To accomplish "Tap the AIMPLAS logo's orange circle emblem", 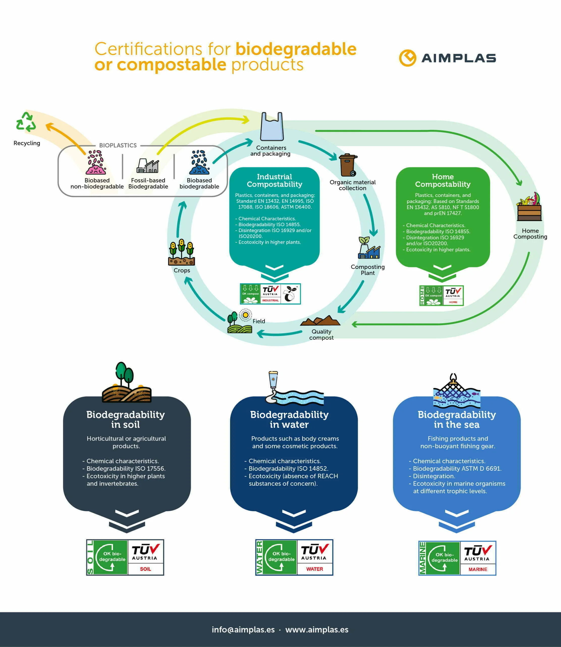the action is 408,58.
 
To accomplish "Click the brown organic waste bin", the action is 348,165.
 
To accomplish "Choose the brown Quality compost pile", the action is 320,321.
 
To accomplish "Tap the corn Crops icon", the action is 181,253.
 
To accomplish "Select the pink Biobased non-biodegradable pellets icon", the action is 96,162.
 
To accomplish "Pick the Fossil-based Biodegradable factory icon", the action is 148,166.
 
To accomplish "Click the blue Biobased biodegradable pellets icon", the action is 199,162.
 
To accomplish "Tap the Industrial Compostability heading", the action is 275,180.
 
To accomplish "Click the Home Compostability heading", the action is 443,180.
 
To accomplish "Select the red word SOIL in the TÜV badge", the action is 146,569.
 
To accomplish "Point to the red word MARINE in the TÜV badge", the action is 478,569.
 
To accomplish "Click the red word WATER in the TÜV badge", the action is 315,569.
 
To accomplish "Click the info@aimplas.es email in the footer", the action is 243,630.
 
